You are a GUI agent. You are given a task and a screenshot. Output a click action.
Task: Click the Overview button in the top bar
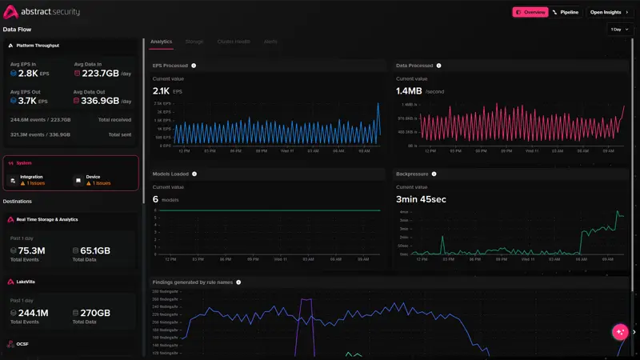530,12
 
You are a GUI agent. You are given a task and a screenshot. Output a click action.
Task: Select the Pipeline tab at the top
566,12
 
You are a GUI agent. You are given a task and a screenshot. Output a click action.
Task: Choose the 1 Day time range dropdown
620,30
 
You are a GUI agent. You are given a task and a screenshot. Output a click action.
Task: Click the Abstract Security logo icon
10,12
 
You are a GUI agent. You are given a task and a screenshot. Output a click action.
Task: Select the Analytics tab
161,41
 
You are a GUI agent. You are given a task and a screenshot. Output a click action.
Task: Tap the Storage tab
194,41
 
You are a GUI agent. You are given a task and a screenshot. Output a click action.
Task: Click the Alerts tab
270,41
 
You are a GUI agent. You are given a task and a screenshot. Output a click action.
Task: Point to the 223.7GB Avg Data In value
100,74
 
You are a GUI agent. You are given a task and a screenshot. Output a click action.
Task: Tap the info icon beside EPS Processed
194,66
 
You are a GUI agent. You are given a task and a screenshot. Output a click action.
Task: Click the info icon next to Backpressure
434,174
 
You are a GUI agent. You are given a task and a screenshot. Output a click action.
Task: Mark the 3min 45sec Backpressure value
422,198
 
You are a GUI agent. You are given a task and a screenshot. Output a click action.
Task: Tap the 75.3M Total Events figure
31,251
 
